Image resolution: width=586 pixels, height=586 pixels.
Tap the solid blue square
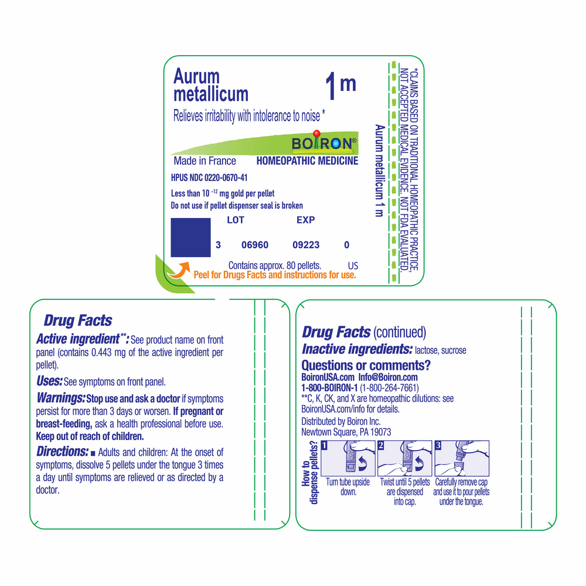click(190, 237)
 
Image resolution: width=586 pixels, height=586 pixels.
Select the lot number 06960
click(255, 245)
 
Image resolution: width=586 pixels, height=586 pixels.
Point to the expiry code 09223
click(306, 245)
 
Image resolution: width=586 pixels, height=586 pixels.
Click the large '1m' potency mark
click(340, 87)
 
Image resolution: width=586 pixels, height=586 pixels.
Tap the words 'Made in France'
click(205, 161)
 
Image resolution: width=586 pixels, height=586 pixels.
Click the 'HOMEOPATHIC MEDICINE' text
click(307, 161)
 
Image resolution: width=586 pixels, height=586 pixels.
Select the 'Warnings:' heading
click(60, 398)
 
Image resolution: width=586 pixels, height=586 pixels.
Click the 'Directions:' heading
click(62, 452)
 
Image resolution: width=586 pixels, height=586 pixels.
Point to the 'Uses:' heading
click(49, 381)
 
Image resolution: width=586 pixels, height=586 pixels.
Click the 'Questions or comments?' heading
click(366, 366)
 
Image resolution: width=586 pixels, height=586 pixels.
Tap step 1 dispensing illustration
click(348, 458)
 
